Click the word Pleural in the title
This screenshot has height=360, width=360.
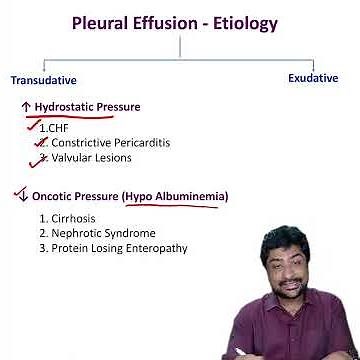(x=104, y=22)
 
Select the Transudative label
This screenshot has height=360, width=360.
(x=43, y=79)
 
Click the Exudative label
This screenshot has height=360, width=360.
(x=313, y=77)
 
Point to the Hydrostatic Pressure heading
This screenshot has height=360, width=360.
(x=87, y=107)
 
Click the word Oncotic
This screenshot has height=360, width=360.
(x=54, y=196)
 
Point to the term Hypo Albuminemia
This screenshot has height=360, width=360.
(x=176, y=196)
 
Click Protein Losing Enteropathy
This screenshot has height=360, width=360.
(x=112, y=248)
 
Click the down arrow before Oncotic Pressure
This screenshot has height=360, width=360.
(x=20, y=195)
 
